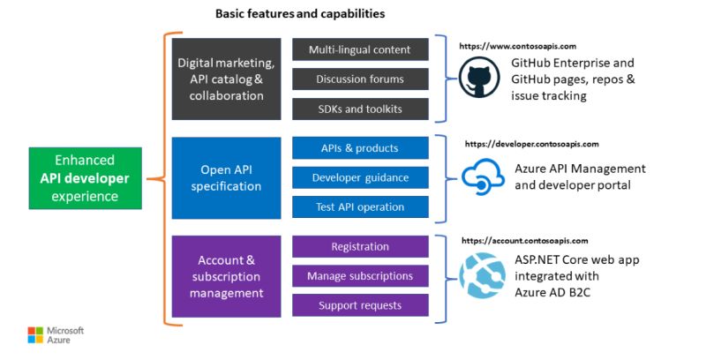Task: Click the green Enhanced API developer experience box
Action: pos(85,178)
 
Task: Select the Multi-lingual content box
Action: pos(360,49)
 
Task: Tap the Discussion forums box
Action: pos(360,79)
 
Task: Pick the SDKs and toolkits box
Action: pos(360,109)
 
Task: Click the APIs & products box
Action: pos(360,147)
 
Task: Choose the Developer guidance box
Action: pos(360,177)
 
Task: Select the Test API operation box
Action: pos(360,207)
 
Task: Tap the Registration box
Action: pos(360,246)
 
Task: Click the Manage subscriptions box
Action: pos(360,276)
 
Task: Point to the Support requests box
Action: pos(360,305)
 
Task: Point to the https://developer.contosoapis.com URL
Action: pos(531,143)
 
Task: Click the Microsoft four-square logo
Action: pos(34,335)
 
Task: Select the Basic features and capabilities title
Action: pos(300,14)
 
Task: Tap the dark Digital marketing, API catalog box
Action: pos(226,79)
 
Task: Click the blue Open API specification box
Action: pos(226,177)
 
